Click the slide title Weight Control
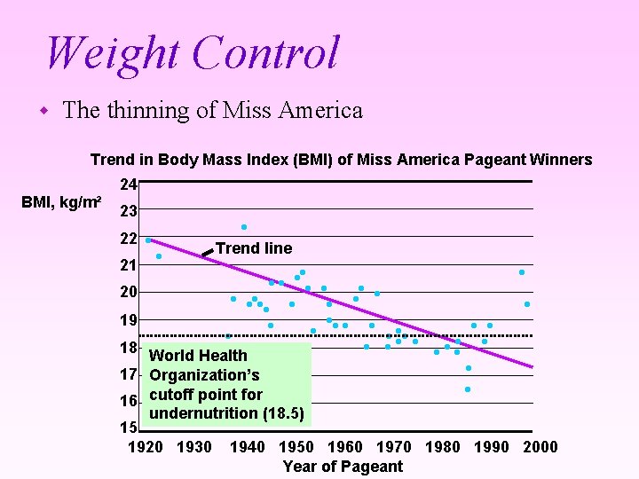192,52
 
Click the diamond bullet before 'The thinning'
43,112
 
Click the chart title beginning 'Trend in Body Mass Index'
341,160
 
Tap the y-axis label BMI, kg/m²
60,203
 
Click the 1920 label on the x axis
146,447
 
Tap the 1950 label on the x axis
296,447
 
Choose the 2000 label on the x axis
540,447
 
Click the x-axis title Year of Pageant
343,467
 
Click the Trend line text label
254,248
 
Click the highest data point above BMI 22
244,227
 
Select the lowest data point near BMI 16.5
468,389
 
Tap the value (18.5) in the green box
284,414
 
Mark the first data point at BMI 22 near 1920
148,240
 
